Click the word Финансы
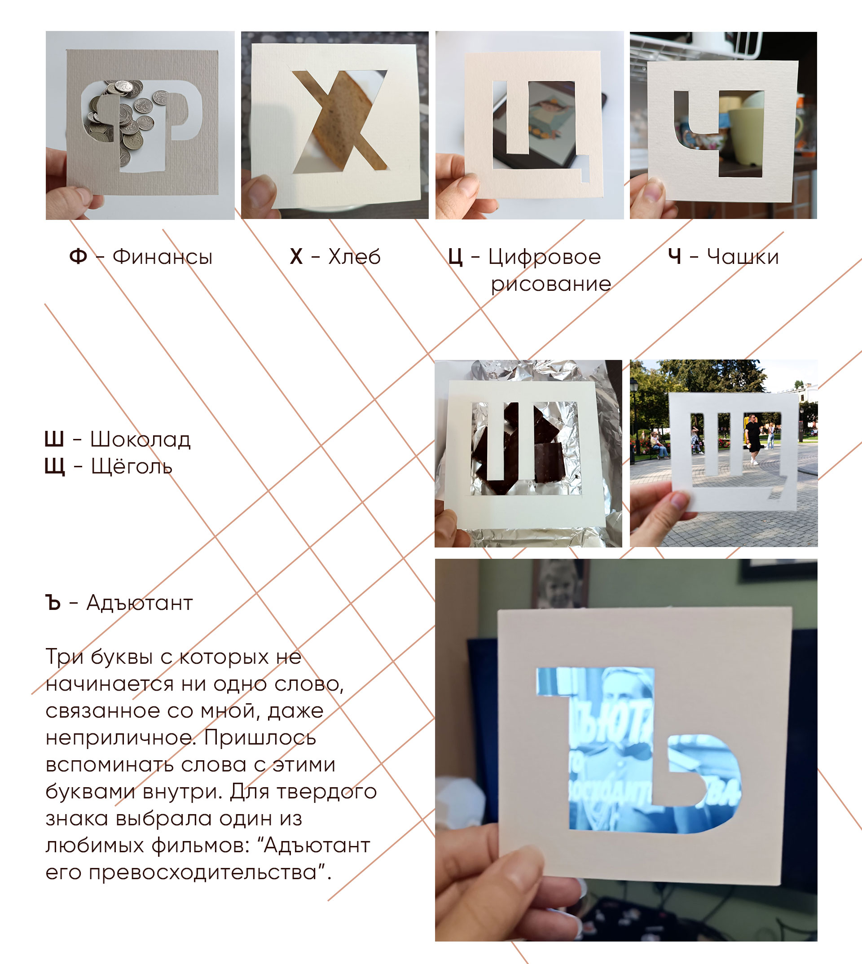163,257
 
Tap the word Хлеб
354,257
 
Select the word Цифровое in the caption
545,258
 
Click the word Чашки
743,257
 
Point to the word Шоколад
141,439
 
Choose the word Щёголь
132,467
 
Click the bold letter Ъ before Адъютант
53,603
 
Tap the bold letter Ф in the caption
78,257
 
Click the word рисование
551,285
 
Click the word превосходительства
203,872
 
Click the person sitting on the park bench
658,445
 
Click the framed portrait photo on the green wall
560,584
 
